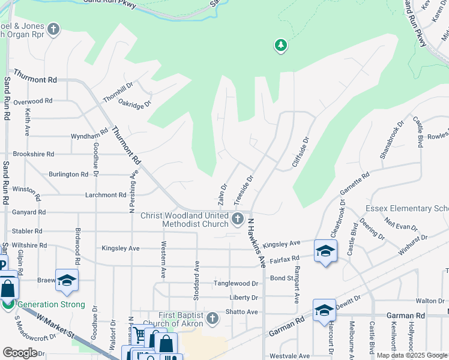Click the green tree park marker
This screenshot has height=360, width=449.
(x=280, y=45)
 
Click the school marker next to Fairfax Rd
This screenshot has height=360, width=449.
(x=325, y=251)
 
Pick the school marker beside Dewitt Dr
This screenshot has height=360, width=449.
(x=324, y=310)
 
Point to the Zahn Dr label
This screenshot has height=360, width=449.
(x=223, y=193)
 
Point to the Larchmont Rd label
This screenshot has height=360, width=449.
(x=106, y=195)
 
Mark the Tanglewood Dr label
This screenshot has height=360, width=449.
(x=237, y=283)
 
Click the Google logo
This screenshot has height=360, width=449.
(x=20, y=352)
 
